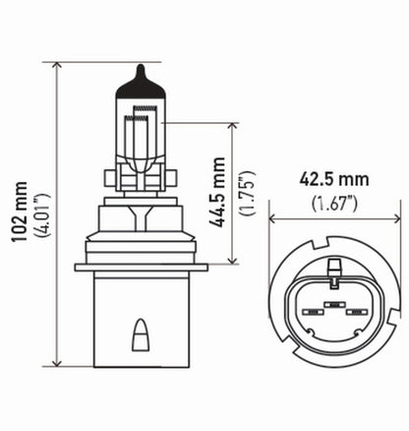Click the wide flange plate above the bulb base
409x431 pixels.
point(144,267)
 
